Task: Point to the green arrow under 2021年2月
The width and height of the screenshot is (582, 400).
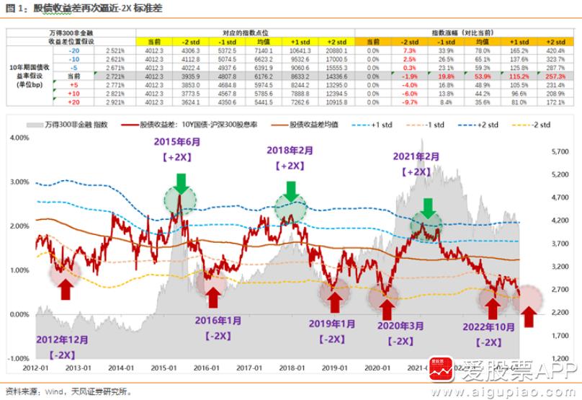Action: click(x=428, y=208)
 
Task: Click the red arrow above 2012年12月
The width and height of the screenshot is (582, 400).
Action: click(x=65, y=289)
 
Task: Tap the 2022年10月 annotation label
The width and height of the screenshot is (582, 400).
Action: click(x=491, y=326)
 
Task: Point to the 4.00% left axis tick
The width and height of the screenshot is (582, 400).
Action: click(x=19, y=137)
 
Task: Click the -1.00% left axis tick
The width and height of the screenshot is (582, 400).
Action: click(x=17, y=358)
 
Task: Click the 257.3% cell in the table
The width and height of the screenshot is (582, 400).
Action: click(x=555, y=75)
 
